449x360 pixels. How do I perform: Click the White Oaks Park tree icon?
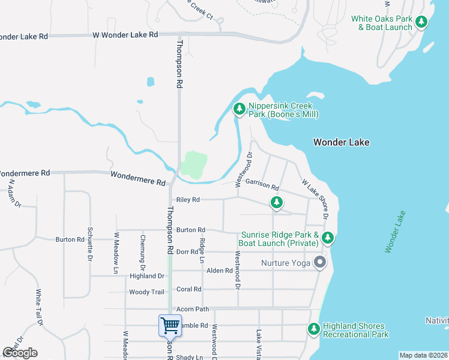[x=422, y=22]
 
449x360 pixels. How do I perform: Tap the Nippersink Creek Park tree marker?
[x=240, y=109]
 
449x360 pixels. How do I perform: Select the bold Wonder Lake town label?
[x=341, y=142]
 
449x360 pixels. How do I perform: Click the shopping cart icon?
[x=170, y=325]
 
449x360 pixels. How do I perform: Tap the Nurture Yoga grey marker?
[x=321, y=263]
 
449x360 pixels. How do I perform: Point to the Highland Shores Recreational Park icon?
[x=313, y=329]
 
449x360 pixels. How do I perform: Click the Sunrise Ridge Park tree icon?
[x=327, y=238]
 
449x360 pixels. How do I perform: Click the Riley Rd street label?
[x=187, y=200]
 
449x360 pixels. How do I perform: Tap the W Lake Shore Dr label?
[x=315, y=199]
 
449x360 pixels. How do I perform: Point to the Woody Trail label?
[x=146, y=292]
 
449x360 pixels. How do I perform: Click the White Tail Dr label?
[x=38, y=308]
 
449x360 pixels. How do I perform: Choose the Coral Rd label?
[x=189, y=289]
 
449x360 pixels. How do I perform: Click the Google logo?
[x=20, y=353]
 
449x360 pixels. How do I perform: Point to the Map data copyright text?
[x=423, y=355]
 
